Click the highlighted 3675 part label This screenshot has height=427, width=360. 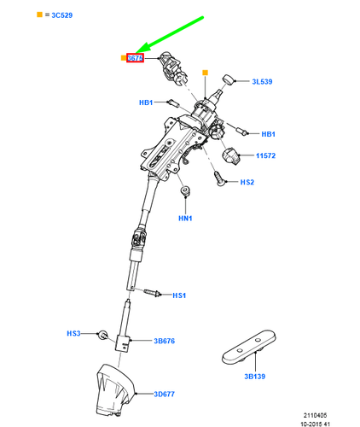[x=135, y=58]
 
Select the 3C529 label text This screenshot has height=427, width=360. [x=33, y=16]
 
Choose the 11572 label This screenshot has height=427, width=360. [x=268, y=156]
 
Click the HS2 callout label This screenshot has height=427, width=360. [x=247, y=183]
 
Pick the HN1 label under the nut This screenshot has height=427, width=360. [x=185, y=219]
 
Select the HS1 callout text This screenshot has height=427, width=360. [x=179, y=295]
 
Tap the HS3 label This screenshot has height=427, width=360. [x=73, y=333]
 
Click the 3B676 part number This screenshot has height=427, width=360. [x=164, y=342]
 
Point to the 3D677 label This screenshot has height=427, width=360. [x=165, y=394]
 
